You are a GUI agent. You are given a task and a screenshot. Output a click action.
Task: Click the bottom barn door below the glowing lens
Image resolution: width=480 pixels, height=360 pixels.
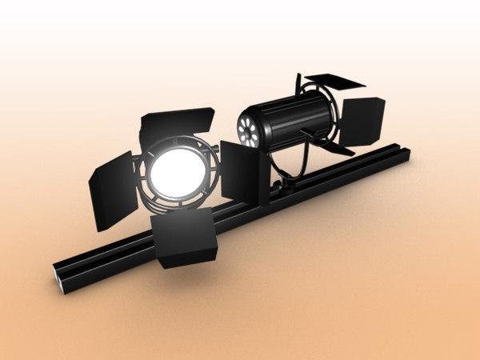[x=186, y=238]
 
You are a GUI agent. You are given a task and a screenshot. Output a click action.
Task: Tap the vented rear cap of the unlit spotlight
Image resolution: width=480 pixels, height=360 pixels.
[x=249, y=129]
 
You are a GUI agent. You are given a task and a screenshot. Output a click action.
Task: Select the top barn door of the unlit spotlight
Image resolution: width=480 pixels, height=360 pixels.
[x=334, y=81]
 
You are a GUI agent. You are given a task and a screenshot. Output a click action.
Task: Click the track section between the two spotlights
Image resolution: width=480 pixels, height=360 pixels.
[x=240, y=210]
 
